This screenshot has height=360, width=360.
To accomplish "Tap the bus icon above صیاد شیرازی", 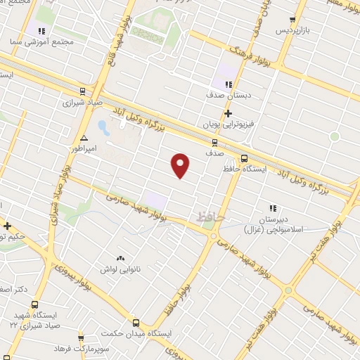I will pos(83,91).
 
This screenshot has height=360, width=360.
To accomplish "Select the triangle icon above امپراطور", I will pos(84,138).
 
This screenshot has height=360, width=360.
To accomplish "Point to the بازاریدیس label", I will pos(292,32).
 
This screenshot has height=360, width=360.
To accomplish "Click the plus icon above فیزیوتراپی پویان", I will pos(226,112).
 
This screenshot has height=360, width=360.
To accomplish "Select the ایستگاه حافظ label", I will pos(265,158).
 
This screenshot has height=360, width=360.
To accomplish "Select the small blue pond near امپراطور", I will pos(103,128).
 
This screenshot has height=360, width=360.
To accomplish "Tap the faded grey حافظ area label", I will pos(211,217).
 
